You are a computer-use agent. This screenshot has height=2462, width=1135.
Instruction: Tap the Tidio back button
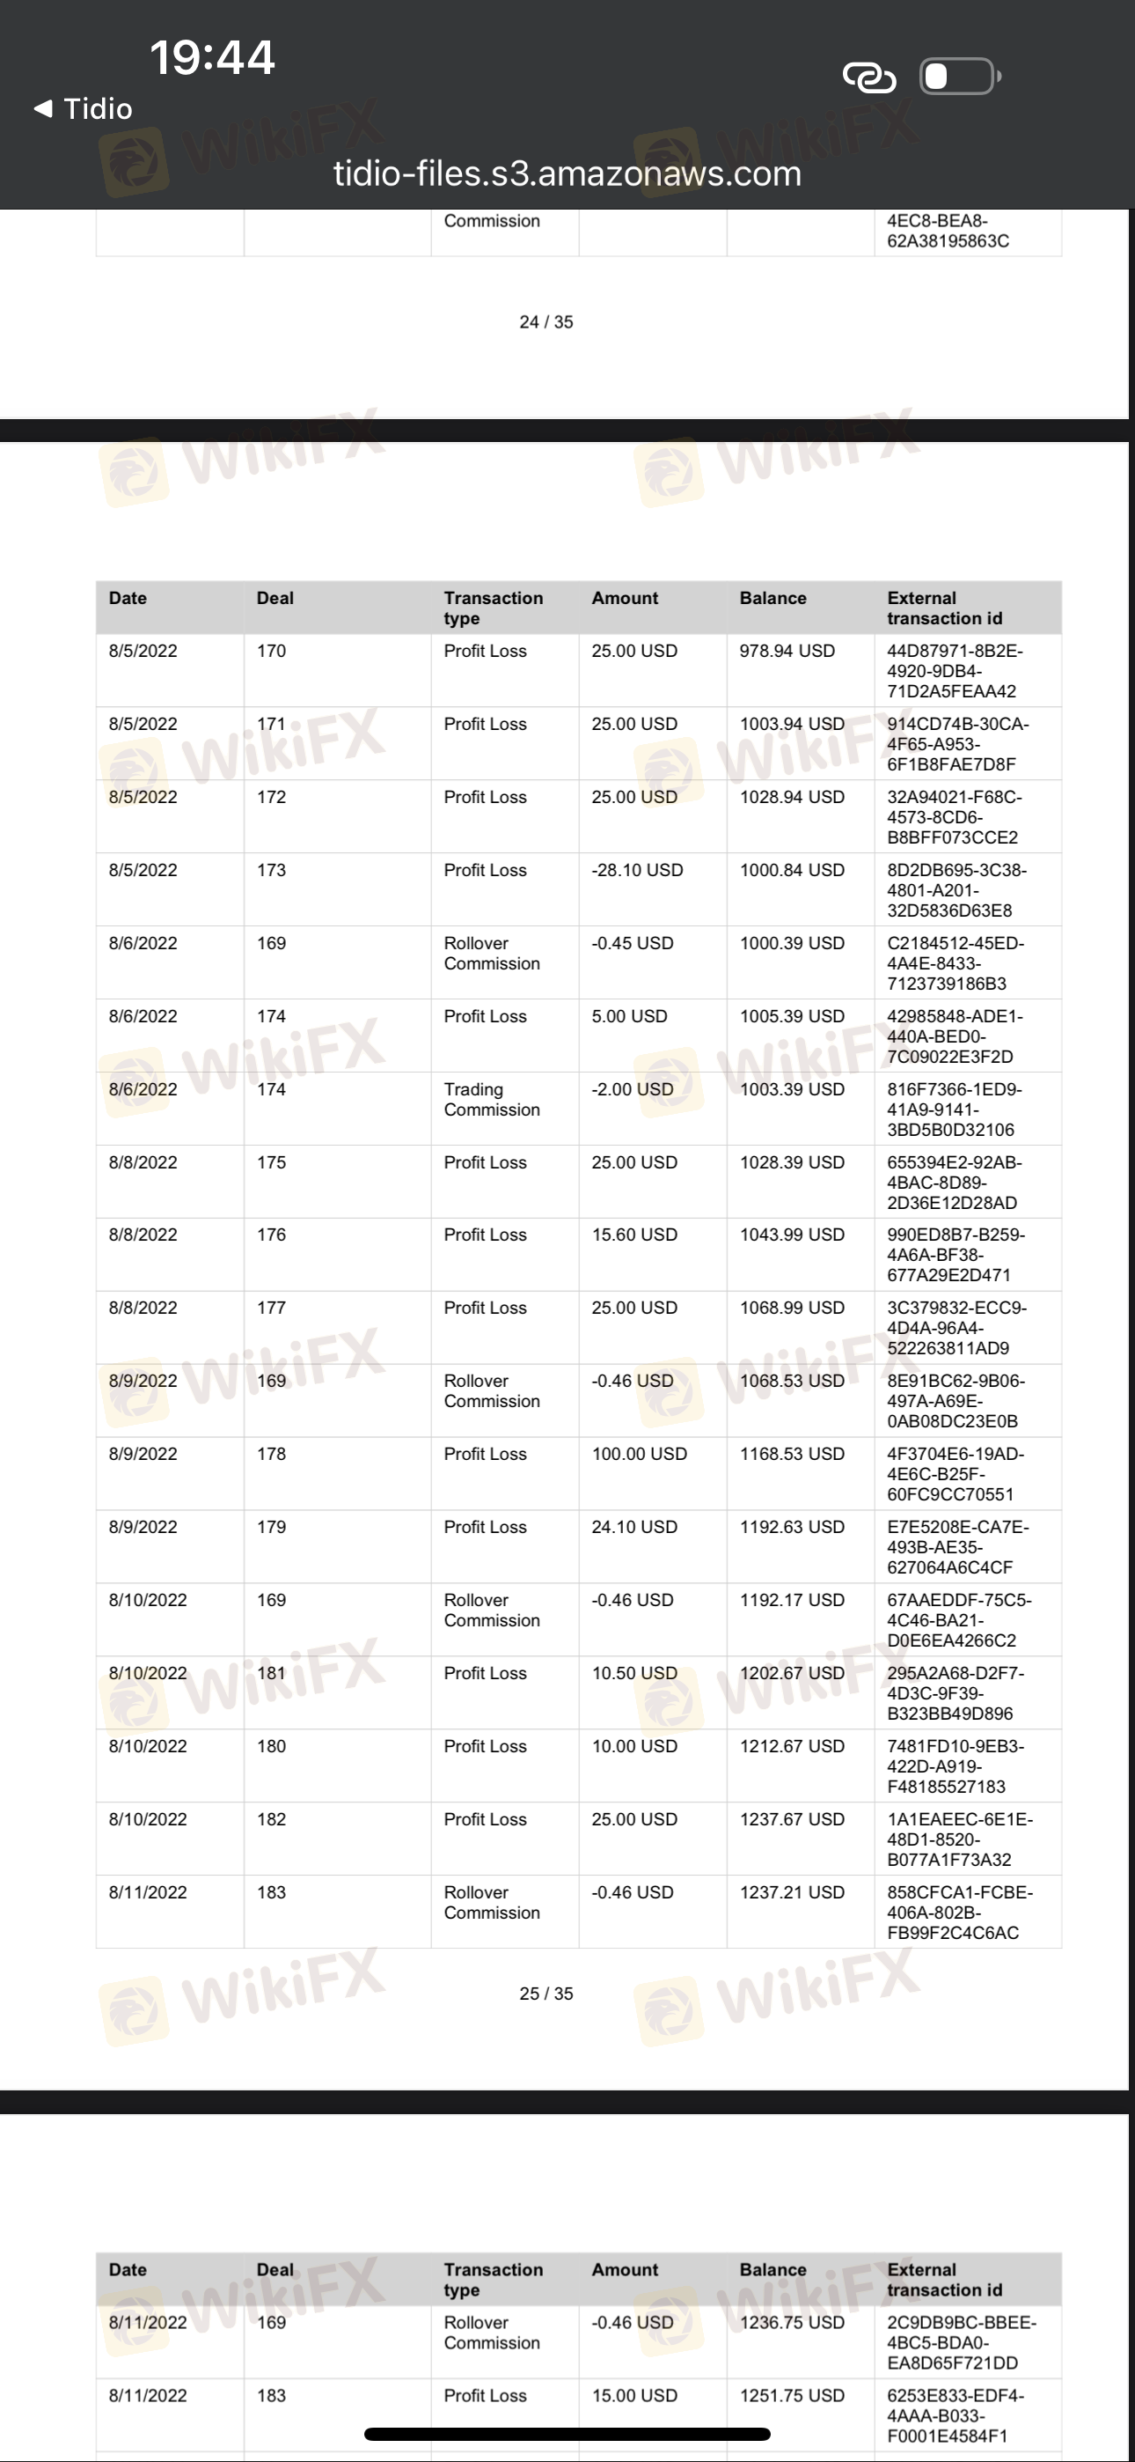83,109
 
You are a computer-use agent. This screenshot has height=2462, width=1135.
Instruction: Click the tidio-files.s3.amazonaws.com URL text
567,174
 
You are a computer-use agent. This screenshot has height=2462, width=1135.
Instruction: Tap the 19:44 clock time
212,57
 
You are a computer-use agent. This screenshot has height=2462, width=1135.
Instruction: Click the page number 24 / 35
546,322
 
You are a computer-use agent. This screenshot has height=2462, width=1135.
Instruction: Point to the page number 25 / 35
546,1994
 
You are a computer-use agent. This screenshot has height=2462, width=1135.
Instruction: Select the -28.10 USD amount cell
636,871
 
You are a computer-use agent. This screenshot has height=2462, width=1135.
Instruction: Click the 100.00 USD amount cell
638,1455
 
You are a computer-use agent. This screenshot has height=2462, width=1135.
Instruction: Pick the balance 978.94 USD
787,651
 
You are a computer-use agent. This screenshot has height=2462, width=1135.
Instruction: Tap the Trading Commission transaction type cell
491,1099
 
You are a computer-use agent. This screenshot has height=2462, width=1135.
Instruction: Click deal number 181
271,1674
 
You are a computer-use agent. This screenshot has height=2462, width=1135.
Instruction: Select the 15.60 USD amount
633,1235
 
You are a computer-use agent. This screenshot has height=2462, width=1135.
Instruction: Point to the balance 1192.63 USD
791,1527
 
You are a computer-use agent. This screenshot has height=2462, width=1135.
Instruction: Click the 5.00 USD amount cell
628,1016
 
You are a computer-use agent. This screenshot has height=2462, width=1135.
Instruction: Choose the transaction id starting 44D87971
954,671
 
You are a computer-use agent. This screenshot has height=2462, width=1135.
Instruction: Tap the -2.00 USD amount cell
632,1089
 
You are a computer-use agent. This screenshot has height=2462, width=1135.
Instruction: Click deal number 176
271,1235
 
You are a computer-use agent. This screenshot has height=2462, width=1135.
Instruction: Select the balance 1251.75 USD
791,2395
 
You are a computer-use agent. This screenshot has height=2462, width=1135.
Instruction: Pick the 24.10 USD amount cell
633,1527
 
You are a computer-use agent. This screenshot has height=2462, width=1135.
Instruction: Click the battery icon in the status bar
959,77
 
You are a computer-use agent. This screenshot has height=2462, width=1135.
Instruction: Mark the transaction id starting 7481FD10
956,1766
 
